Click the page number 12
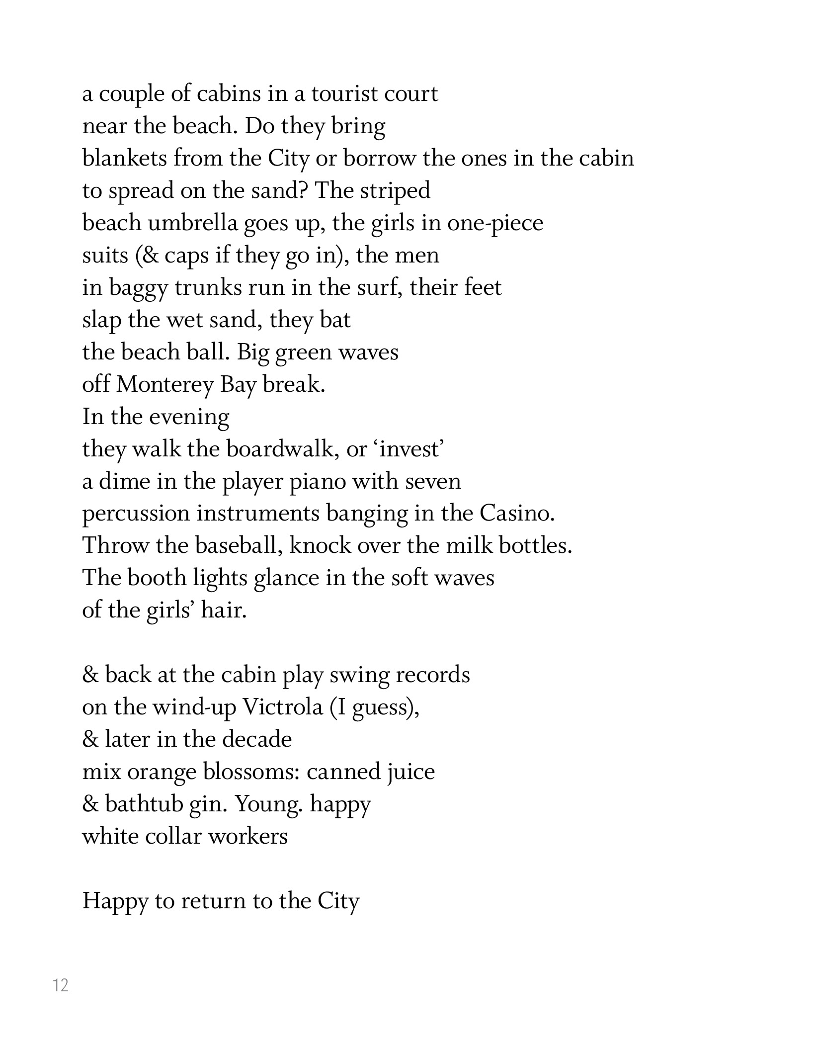click(61, 985)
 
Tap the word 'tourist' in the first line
click(338, 93)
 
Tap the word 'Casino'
click(516, 514)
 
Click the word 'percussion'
click(136, 514)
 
